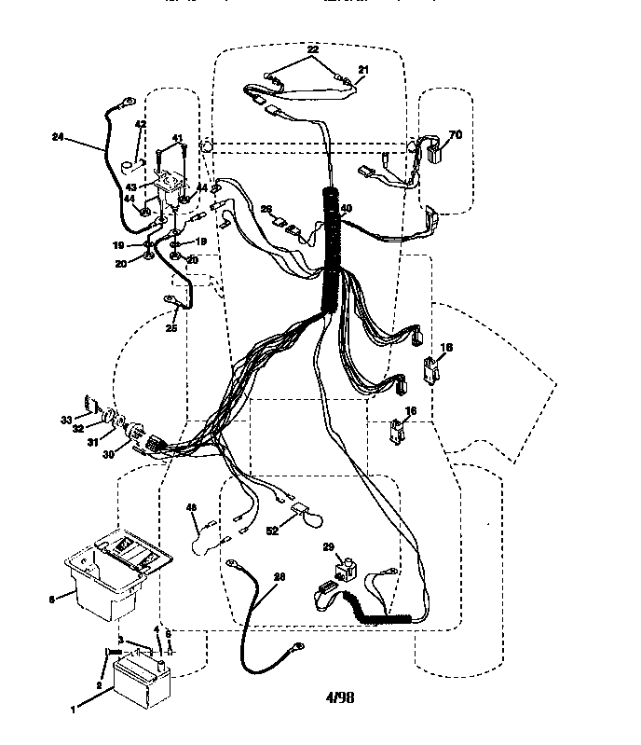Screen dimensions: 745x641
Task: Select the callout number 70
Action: point(455,134)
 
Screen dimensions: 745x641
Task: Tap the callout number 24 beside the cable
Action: point(59,137)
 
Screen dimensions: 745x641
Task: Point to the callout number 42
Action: point(140,124)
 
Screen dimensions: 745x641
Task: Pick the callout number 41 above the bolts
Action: point(176,138)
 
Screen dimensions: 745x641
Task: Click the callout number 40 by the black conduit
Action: point(346,209)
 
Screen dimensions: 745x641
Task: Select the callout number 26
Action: point(266,209)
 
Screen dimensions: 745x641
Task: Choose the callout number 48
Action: point(192,508)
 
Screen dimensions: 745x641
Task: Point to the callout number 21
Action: point(362,70)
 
